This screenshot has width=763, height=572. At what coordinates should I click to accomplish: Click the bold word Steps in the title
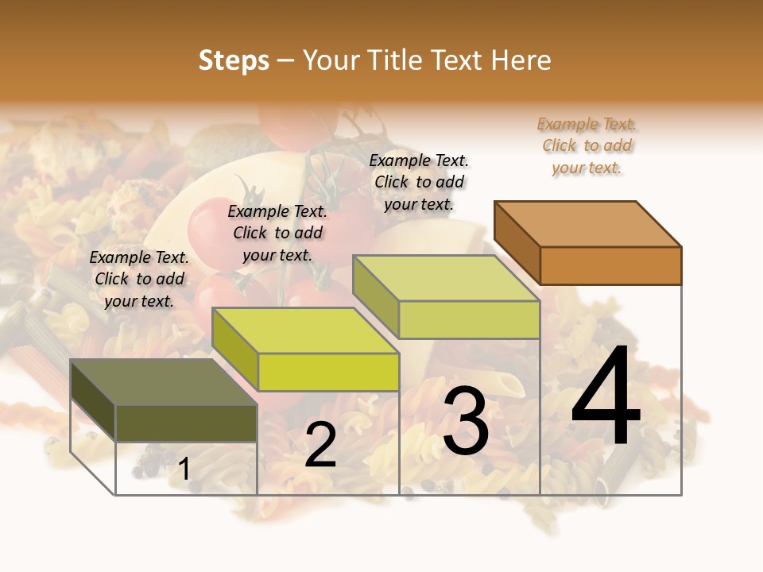[234, 60]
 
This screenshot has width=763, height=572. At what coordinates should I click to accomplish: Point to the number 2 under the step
[320, 445]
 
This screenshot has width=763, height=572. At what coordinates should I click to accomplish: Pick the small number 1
[184, 469]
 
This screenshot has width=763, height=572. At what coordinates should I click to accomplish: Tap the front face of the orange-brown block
[610, 265]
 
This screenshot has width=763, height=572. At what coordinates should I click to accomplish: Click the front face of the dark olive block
[186, 423]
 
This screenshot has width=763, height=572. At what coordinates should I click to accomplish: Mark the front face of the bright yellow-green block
[328, 372]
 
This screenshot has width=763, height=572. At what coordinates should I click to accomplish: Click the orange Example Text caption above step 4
[587, 146]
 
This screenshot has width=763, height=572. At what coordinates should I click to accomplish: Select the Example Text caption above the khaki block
[419, 182]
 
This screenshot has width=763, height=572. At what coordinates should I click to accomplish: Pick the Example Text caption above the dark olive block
[139, 279]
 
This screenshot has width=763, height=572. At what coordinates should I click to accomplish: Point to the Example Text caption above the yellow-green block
[277, 233]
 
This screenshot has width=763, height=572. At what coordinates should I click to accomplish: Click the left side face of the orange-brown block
[517, 242]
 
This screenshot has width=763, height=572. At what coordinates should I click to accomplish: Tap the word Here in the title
[521, 60]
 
